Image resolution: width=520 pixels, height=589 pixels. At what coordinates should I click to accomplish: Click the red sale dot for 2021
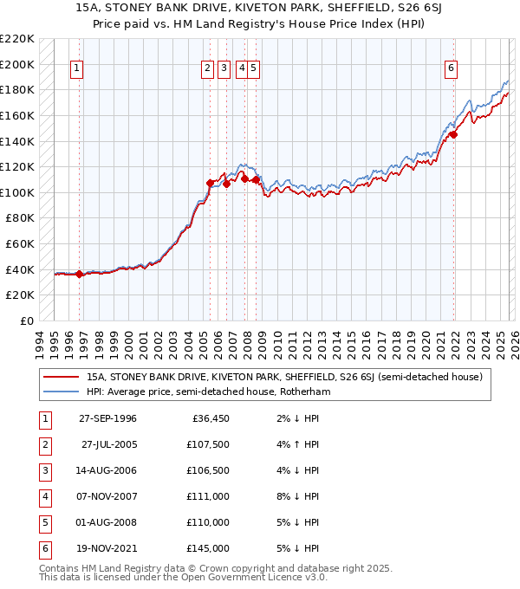pyautogui.click(x=453, y=134)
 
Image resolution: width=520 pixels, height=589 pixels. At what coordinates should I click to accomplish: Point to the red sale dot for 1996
pyautogui.click(x=79, y=274)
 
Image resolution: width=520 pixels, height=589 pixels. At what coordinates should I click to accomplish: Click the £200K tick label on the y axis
pyautogui.click(x=17, y=64)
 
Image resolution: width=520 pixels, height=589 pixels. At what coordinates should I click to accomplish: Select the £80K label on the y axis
pyautogui.click(x=20, y=218)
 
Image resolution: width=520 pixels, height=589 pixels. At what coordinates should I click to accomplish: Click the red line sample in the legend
pyautogui.click(x=62, y=377)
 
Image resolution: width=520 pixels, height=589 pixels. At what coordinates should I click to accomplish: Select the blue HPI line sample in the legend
pyautogui.click(x=62, y=392)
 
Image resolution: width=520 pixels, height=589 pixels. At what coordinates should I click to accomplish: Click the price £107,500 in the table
pyautogui.click(x=209, y=445)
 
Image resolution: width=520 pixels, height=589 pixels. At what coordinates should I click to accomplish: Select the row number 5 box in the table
pyautogui.click(x=44, y=523)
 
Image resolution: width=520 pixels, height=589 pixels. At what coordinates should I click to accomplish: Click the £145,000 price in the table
pyautogui.click(x=209, y=549)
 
